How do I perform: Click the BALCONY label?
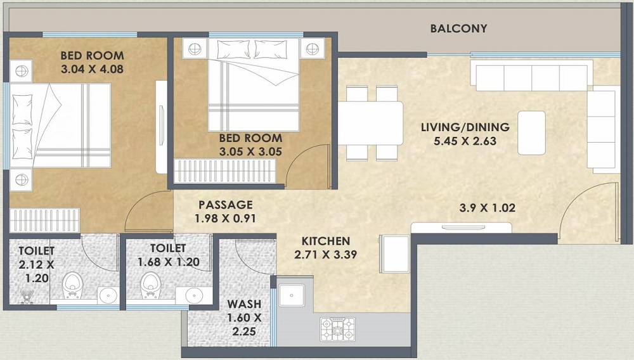[458, 29]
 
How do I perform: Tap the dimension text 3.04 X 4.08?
[92, 69]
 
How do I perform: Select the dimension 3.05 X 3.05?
[250, 152]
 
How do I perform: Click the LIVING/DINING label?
[465, 127]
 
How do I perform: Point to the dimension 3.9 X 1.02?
[486, 207]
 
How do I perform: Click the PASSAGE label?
[225, 205]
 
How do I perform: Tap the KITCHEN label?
[325, 241]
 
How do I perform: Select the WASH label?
[245, 303]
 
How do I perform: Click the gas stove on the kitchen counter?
[338, 328]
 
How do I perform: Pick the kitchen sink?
[291, 295]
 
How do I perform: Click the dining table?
[371, 122]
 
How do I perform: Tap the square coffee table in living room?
[531, 132]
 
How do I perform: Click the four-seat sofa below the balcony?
[531, 75]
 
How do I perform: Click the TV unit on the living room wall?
[451, 227]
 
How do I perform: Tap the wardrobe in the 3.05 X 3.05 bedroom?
[226, 171]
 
